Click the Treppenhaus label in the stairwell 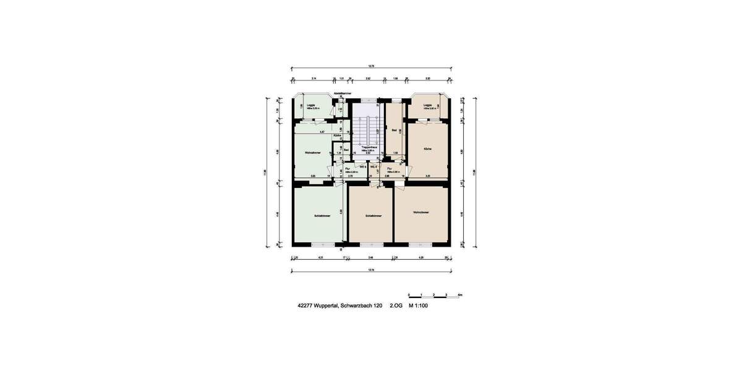point(370,147)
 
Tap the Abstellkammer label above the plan point(342,93)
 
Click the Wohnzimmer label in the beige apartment point(421,213)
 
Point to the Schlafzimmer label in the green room point(322,216)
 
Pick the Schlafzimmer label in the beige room point(373,216)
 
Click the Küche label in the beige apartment point(427,149)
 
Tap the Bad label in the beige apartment point(394,130)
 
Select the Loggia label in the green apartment point(310,105)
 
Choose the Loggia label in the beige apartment point(427,105)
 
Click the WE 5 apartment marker point(364,167)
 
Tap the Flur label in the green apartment point(348,168)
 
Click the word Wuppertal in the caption point(326,306)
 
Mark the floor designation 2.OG point(396,306)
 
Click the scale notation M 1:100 point(417,306)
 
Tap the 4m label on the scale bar point(460,294)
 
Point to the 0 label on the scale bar point(409,294)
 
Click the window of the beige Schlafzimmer point(370,245)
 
